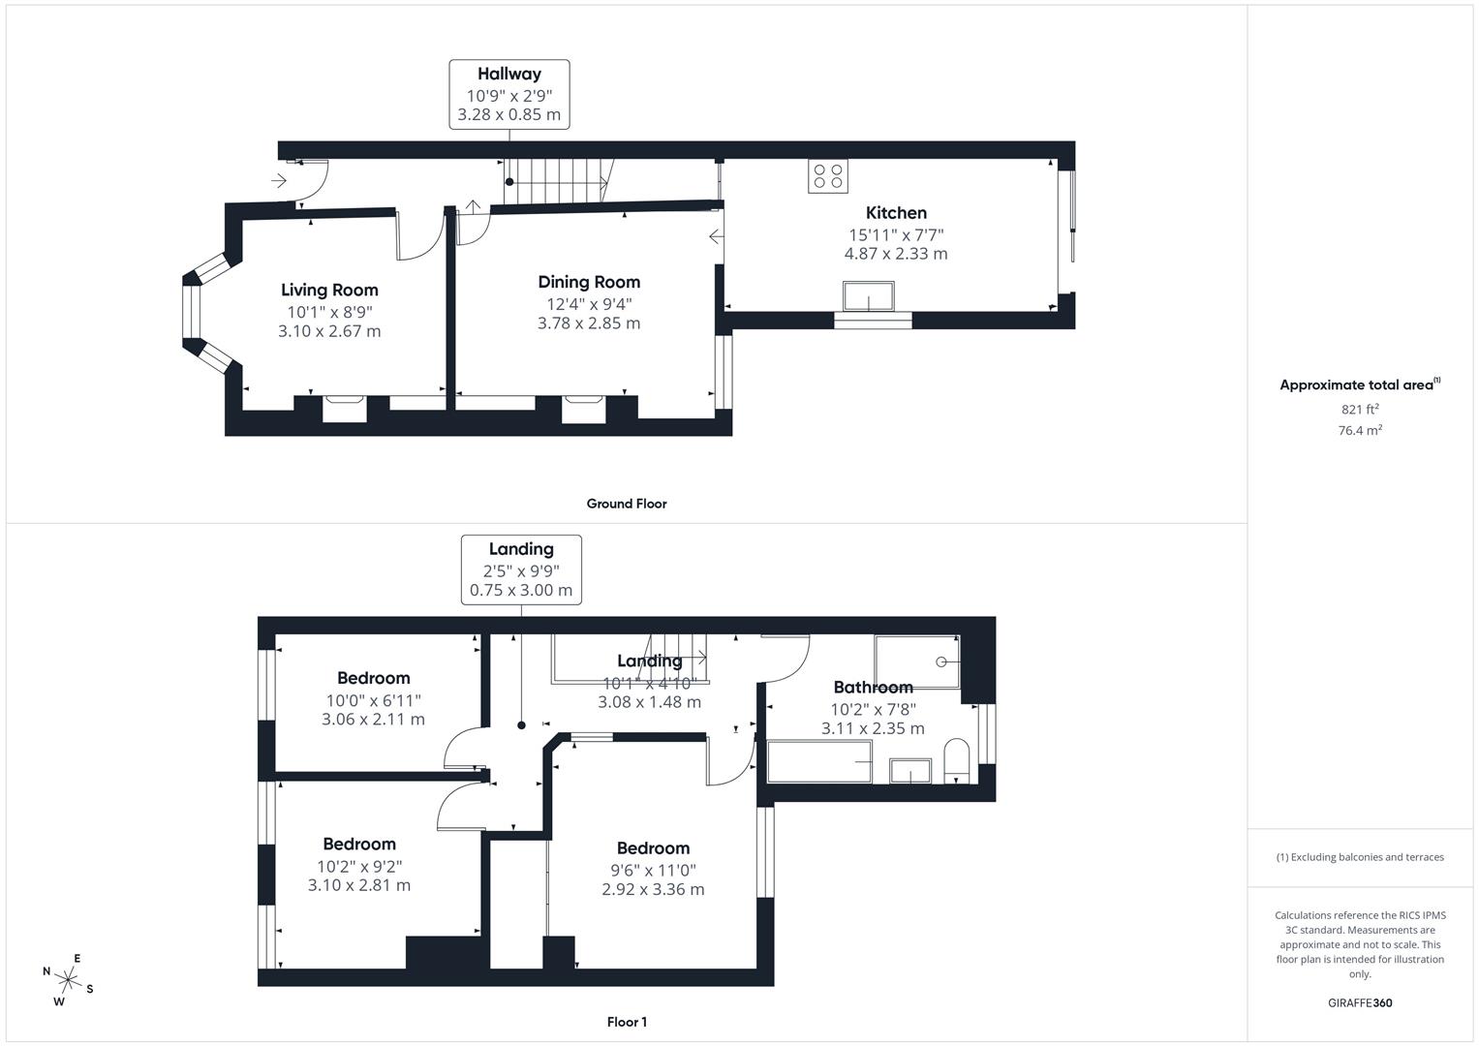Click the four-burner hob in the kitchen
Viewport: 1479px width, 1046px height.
pos(828,175)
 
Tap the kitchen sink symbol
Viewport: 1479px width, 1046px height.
pos(868,295)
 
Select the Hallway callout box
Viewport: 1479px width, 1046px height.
pos(508,94)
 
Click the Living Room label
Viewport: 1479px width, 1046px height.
pos(329,290)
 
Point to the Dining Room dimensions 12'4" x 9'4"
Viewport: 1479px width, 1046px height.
pos(589,303)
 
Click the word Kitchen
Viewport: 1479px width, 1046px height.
pos(896,213)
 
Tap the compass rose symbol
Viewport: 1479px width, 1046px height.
pos(68,979)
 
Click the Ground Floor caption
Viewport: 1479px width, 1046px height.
pos(627,504)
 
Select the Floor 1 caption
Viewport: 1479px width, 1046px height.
pos(627,1022)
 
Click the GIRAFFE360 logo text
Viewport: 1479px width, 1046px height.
pos(1360,1002)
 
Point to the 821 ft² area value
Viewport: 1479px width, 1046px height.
pos(1360,409)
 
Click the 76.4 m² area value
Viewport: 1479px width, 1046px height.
pos(1360,430)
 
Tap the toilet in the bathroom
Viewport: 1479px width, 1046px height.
pos(956,759)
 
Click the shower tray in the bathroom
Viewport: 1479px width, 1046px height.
pos(916,661)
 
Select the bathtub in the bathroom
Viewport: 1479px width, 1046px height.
pos(819,761)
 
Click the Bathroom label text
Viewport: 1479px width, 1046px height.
pos(873,688)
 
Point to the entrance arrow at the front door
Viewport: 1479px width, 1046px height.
pos(279,180)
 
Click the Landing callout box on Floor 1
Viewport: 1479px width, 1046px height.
pos(521,569)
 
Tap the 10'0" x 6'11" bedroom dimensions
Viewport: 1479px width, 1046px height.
pos(373,700)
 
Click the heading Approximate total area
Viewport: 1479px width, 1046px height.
pos(1357,385)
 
